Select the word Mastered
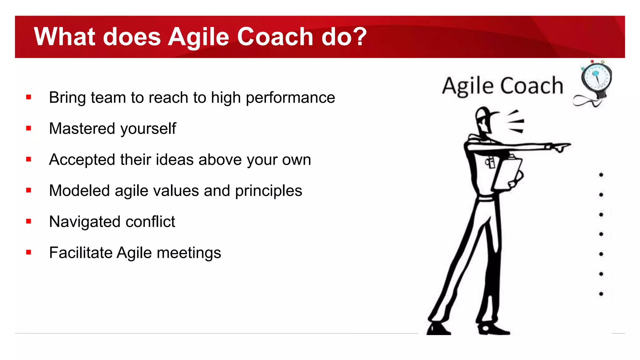pos(82,128)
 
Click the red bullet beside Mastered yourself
pos(29,128)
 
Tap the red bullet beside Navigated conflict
pos(29,221)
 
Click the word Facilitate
pos(81,252)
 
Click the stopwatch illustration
pos(596,78)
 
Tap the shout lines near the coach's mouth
pos(516,122)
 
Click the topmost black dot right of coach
pos(601,175)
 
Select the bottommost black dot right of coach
pos(601,294)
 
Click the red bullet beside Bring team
pos(29,97)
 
